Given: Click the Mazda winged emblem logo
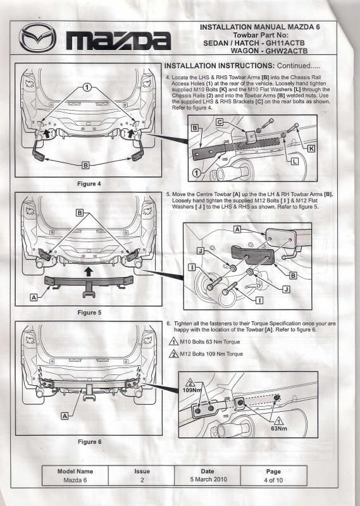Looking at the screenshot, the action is tap(37, 38).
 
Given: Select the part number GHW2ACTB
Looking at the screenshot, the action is tap(287, 51).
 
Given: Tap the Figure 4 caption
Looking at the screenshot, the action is tap(89, 184).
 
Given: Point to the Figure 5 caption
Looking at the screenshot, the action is tap(89, 312).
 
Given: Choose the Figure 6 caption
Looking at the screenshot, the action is tap(89, 441).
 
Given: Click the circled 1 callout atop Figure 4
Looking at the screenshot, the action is tap(87, 87).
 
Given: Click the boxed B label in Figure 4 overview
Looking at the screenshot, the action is tap(85, 165).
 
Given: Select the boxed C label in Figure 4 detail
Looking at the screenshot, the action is tap(220, 122).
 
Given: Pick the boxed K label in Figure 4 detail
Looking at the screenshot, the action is tap(311, 148).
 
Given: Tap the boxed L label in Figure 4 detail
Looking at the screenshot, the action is tap(294, 161).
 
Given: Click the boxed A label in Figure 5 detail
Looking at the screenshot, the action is tap(237, 229).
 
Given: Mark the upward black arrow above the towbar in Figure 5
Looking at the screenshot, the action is tap(89, 271).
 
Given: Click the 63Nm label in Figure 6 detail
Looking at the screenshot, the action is tap(278, 429).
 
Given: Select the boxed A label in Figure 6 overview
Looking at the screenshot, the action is tap(65, 416).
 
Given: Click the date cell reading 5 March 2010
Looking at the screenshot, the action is tap(208, 479).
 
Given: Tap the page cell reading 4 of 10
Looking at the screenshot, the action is tap(273, 480).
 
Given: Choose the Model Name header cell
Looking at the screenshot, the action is tap(75, 471).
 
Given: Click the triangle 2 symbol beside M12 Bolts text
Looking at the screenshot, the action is tap(174, 354).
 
